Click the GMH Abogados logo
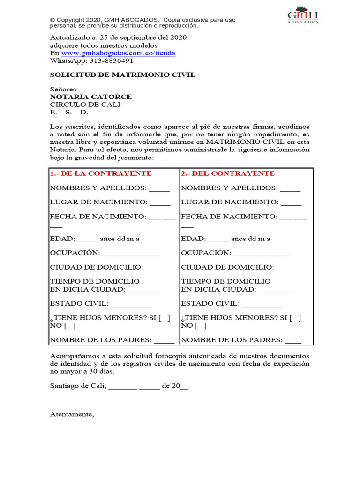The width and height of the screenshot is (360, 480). point(303,15)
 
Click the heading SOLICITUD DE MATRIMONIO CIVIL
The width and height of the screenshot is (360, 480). point(123,75)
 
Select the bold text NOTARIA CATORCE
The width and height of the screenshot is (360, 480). point(91,97)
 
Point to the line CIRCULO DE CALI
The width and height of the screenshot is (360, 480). point(85,105)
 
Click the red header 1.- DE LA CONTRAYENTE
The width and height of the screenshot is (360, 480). point(101,173)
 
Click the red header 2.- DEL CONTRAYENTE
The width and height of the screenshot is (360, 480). point(228,173)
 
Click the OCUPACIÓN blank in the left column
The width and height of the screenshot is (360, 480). point(131,255)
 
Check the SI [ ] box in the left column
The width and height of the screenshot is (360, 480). point(165,318)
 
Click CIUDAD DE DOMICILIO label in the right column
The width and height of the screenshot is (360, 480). point(227,267)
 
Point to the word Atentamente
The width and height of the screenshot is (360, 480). point(72,414)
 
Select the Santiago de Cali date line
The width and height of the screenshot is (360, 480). point(119,386)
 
